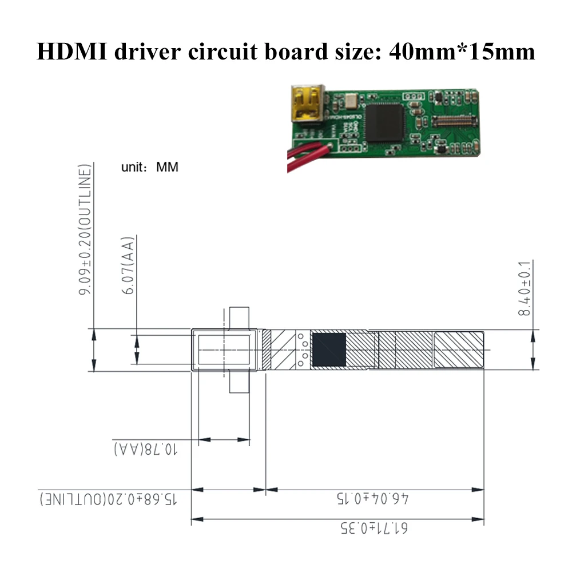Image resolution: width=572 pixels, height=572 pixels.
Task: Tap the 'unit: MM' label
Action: click(x=150, y=167)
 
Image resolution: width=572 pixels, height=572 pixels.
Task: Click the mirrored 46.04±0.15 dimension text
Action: click(x=373, y=498)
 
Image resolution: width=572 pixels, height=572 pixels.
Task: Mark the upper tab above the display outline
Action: click(x=240, y=317)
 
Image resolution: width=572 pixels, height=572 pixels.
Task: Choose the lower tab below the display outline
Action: click(x=240, y=382)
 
